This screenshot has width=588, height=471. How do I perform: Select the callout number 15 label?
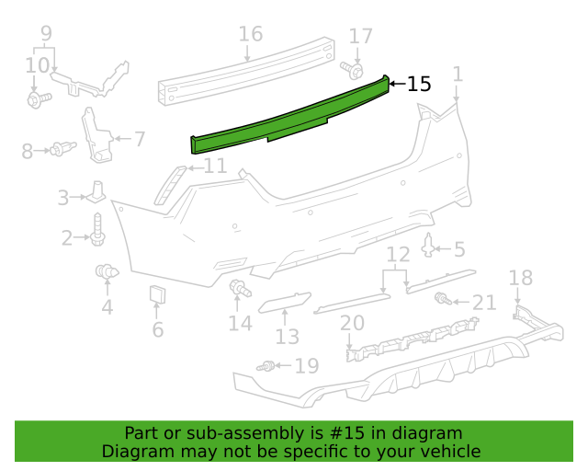pyautogui.click(x=418, y=84)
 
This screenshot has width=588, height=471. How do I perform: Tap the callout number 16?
pyautogui.click(x=250, y=35)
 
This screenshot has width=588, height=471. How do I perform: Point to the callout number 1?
pyautogui.click(x=458, y=74)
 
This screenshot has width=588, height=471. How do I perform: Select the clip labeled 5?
pyautogui.click(x=430, y=247)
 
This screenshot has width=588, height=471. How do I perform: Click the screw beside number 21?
pyautogui.click(x=443, y=299)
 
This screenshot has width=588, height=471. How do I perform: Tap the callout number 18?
pyautogui.click(x=520, y=278)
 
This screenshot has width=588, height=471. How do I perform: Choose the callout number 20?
pyautogui.click(x=352, y=323)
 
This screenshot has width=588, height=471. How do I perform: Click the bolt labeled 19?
pyautogui.click(x=268, y=366)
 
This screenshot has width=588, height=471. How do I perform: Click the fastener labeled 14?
pyautogui.click(x=240, y=290)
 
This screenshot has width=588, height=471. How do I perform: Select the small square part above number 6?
pyautogui.click(x=157, y=295)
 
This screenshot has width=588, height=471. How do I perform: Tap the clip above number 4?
pyautogui.click(x=107, y=271)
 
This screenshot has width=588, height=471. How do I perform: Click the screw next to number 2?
pyautogui.click(x=97, y=230)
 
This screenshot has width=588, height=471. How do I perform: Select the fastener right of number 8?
pyautogui.click(x=62, y=148)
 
